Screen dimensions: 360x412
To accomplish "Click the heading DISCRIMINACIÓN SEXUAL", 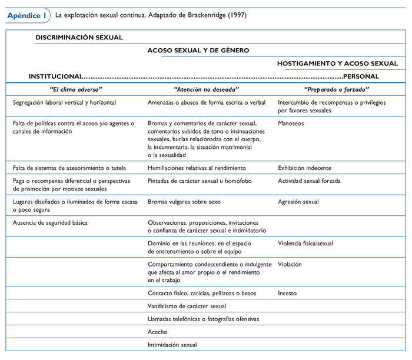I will pyautogui.click(x=79, y=37).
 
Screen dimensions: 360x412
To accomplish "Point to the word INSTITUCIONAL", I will pyautogui.click(x=56, y=76).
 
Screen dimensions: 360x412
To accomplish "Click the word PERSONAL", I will pyautogui.click(x=361, y=76).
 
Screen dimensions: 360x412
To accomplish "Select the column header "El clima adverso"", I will pyautogui.click(x=76, y=89).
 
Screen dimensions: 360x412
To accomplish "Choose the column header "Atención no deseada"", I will pyautogui.click(x=207, y=89).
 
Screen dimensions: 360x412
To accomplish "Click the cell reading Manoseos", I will pyautogui.click(x=291, y=124).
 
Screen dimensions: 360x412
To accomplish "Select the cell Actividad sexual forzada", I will pyautogui.click(x=309, y=181).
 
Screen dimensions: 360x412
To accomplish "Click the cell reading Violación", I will pyautogui.click(x=290, y=264).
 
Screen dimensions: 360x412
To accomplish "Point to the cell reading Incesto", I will pyautogui.click(x=287, y=293).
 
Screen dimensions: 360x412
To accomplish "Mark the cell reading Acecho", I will pyautogui.click(x=157, y=332).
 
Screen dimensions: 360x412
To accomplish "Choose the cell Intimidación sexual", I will pyautogui.click(x=172, y=345).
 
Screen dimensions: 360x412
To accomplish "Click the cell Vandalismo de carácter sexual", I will pyautogui.click(x=187, y=306).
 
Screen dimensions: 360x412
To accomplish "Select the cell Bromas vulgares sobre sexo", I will pyautogui.click(x=184, y=202).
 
